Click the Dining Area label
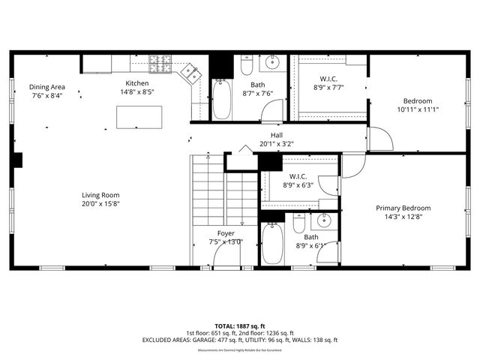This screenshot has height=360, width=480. point(46,86)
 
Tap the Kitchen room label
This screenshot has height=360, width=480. point(136,83)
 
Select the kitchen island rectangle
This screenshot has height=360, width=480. point(139,117)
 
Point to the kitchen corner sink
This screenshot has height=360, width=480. point(191,73)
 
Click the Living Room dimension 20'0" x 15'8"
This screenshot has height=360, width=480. point(101,203)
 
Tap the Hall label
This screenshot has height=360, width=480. point(277,135)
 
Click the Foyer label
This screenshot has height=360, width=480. point(226,233)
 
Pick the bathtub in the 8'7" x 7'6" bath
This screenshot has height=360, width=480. point(221,100)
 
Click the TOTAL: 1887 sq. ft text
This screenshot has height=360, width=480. point(239,326)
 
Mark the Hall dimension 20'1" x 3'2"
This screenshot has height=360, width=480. point(277,143)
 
